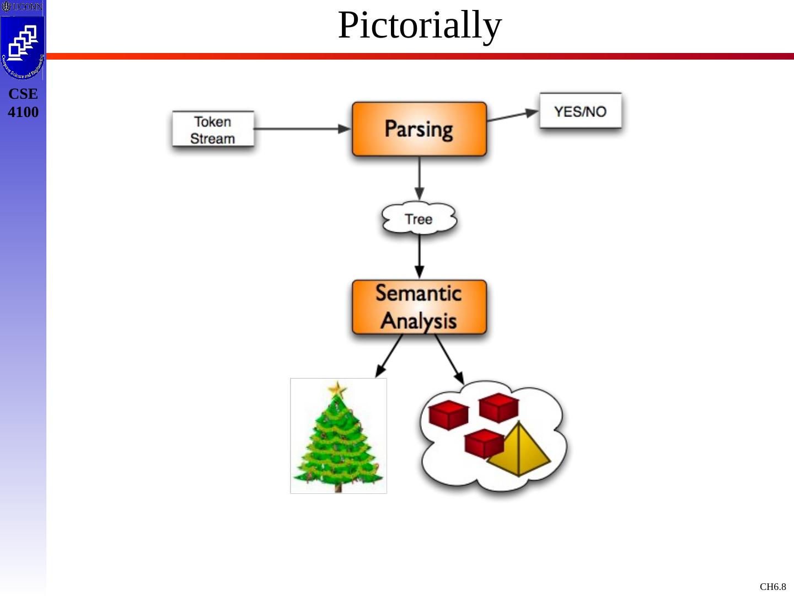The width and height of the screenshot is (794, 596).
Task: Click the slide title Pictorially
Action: pos(420,25)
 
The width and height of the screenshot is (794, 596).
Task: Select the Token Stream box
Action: pos(213,130)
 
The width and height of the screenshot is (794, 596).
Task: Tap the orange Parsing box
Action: pos(419,129)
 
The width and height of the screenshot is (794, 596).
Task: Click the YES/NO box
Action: pos(580,111)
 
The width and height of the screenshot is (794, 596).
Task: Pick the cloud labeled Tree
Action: pos(419,219)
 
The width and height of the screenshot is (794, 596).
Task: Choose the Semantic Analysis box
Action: pos(419,307)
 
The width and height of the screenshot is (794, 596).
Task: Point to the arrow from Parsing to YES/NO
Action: pos(513,115)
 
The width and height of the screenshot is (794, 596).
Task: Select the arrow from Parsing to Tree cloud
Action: pos(419,178)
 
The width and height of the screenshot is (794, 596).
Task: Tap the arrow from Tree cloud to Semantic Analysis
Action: pos(419,257)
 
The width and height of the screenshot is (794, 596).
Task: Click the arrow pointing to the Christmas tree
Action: pos(389,356)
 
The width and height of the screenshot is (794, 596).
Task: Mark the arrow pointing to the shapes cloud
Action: pos(449,359)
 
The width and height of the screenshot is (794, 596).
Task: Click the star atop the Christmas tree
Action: pos(337,390)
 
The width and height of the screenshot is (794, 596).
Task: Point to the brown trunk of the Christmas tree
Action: pos(337,487)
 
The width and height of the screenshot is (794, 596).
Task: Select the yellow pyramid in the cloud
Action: pos(519,451)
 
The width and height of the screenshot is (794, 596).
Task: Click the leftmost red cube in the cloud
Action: pos(448,414)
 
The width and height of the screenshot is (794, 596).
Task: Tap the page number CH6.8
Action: pos(772,587)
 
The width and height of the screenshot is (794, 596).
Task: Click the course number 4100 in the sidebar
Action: pos(23,112)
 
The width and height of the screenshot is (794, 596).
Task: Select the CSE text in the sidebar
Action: pos(23,94)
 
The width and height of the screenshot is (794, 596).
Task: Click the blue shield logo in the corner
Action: pos(23,46)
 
